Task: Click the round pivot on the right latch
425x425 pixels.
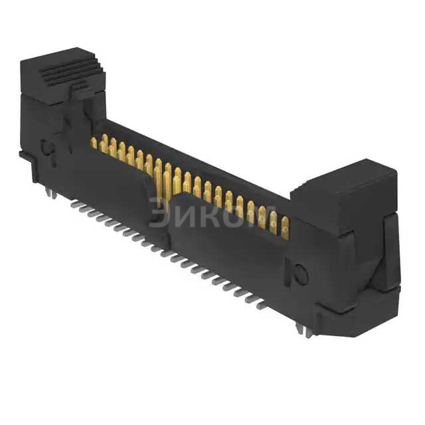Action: [x=301, y=274]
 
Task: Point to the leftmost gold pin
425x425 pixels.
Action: [x=94, y=142]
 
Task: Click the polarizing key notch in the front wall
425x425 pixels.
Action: [x=157, y=199]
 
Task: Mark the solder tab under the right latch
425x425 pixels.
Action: [x=307, y=331]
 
